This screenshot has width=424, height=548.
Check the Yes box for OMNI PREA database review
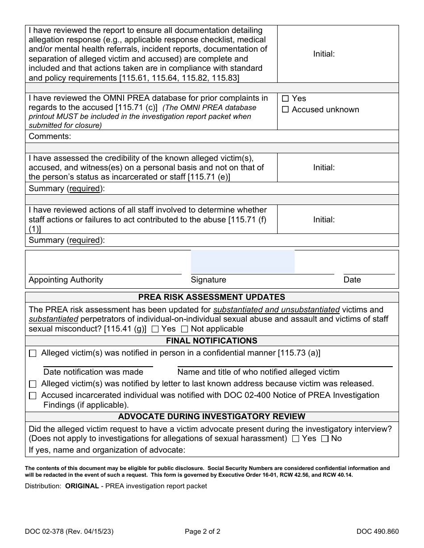[x=286, y=99]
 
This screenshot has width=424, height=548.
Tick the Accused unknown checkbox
[x=286, y=110]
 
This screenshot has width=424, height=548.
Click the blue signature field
[x=243, y=262]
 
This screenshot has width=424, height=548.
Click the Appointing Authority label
[x=66, y=280]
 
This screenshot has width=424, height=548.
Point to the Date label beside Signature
[x=352, y=280]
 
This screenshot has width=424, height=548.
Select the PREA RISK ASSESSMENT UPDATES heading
[x=212, y=297]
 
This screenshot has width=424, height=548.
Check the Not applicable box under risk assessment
[x=184, y=329]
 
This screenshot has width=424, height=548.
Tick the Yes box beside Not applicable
[x=155, y=329]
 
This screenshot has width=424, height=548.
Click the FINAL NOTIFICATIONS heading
[x=212, y=341]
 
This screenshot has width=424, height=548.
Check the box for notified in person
[x=33, y=354]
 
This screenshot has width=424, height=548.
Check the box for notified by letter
[x=33, y=384]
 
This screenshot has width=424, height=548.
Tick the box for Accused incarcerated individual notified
[x=33, y=396]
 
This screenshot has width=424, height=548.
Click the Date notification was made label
[x=93, y=372]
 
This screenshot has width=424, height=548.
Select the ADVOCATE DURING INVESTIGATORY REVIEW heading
[x=212, y=417]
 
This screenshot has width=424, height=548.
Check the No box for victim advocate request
[x=325, y=439]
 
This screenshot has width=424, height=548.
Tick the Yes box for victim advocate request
[x=295, y=439]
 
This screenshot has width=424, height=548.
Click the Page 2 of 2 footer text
[x=203, y=531]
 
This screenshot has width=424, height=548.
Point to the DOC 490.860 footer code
[x=378, y=531]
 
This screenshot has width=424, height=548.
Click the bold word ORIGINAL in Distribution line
[x=82, y=486]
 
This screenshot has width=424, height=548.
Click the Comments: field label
[x=50, y=136]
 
